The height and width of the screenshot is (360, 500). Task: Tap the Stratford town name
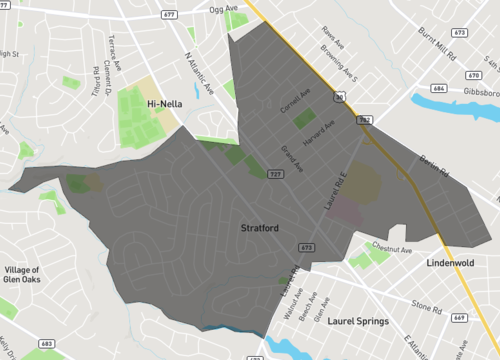259,228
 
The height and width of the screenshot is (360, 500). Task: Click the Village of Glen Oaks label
22,275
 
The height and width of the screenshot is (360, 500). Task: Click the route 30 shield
339,97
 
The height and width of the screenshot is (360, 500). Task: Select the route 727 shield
273,174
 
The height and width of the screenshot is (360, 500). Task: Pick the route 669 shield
459,317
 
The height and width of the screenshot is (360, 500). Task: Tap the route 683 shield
46,344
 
